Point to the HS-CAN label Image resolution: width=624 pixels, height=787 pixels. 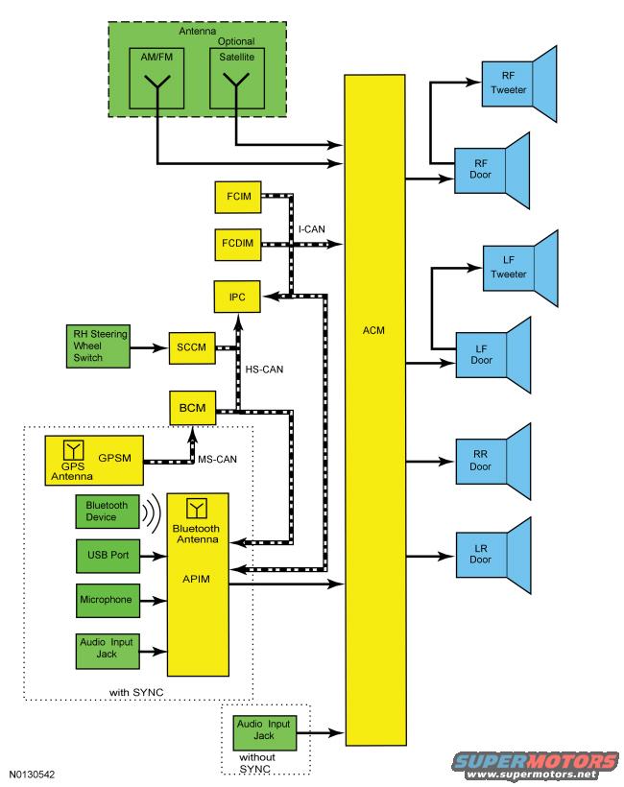pyautogui.click(x=266, y=369)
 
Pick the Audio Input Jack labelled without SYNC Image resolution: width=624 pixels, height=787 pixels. pyautogui.click(x=262, y=735)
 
